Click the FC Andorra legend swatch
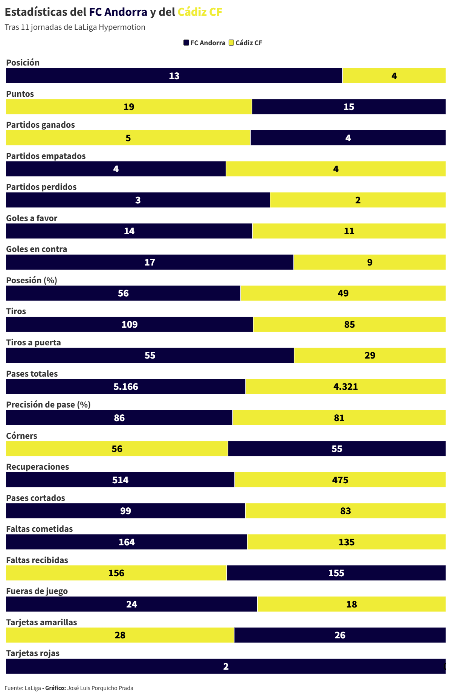point(186,43)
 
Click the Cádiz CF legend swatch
point(231,43)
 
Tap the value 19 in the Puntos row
point(129,107)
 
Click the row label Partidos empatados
point(46,156)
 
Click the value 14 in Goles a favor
point(129,231)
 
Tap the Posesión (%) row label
point(32,280)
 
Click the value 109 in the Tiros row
point(130,324)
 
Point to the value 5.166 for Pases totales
point(126,386)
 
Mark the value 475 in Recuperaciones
point(340,480)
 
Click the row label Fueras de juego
point(37,591)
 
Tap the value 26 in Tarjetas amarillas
point(340,635)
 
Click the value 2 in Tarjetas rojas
point(226,666)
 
